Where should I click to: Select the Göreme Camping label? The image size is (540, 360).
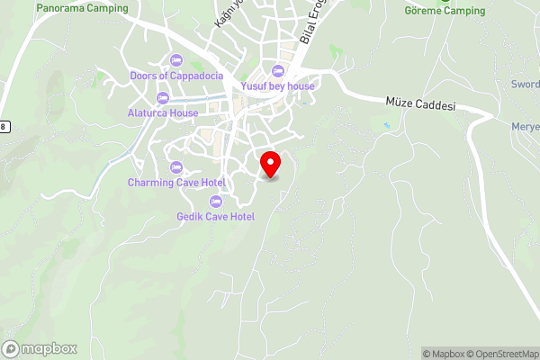[445, 11]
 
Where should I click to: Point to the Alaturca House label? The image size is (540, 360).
[163, 113]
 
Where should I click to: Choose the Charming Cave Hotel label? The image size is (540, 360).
[175, 183]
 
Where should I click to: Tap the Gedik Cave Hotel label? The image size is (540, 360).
[216, 216]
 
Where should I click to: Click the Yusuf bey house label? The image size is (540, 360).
[277, 86]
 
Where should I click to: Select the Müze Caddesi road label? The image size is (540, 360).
[420, 105]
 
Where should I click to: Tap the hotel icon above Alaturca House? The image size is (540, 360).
[163, 98]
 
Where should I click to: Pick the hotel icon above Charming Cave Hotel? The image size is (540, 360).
[175, 167]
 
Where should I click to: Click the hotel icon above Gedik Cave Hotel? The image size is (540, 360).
[216, 201]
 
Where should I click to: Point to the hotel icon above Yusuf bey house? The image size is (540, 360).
[277, 71]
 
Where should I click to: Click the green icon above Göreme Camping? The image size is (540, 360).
[445, 1]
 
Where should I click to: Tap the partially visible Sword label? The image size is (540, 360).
[526, 84]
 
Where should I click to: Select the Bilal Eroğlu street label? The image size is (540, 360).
[312, 22]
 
